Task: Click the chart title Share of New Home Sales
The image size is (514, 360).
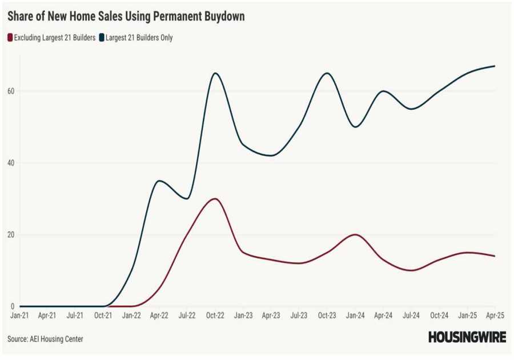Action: [126, 17]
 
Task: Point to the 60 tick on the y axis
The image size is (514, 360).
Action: [11, 91]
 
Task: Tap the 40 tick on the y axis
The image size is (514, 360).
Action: [11, 163]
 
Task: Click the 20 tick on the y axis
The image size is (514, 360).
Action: [11, 235]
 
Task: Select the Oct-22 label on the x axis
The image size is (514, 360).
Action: [215, 315]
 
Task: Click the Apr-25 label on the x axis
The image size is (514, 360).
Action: [494, 315]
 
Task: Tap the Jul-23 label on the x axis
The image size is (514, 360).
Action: [299, 315]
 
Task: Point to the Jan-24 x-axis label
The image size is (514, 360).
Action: [355, 315]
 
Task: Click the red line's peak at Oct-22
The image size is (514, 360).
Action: [215, 199]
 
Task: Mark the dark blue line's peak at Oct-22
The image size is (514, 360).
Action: [215, 73]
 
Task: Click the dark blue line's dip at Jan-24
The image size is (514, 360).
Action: [355, 127]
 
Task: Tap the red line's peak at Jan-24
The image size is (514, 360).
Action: [355, 234]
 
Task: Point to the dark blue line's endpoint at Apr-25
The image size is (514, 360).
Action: [495, 66]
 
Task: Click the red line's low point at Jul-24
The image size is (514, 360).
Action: [411, 270]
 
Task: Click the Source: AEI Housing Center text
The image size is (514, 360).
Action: [45, 339]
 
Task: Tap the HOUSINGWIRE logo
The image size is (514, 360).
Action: [467, 337]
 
